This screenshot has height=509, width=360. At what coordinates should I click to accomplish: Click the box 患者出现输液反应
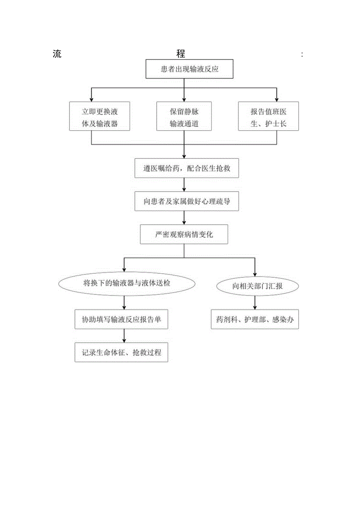pyautogui.click(x=189, y=69)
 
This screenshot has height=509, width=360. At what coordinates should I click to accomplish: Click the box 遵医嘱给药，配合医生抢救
pyautogui.click(x=186, y=168)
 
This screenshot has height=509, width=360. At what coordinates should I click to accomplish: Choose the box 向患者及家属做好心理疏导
pyautogui.click(x=186, y=201)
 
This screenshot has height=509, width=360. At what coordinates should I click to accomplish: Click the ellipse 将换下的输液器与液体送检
pyautogui.click(x=126, y=284)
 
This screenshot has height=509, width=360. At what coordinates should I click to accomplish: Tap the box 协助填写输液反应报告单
pyautogui.click(x=121, y=320)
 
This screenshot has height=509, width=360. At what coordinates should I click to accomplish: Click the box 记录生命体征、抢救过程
pyautogui.click(x=121, y=353)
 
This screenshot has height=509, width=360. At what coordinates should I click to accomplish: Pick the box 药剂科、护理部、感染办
pyautogui.click(x=255, y=320)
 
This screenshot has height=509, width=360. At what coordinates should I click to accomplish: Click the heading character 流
pyautogui.click(x=57, y=54)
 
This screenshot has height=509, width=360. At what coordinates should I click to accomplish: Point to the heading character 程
pyautogui.click(x=180, y=54)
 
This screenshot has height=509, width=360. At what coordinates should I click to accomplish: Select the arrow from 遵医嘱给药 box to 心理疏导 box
pyautogui.click(x=184, y=185)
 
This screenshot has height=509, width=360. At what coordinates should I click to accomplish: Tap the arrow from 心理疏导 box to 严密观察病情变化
pyautogui.click(x=184, y=218)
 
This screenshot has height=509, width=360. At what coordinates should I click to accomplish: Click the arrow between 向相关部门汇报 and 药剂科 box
pyautogui.click(x=255, y=302)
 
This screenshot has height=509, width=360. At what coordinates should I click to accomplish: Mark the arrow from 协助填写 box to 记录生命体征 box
pyautogui.click(x=124, y=336)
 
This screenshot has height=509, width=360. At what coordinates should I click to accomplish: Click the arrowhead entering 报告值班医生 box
pyautogui.click(x=277, y=99)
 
